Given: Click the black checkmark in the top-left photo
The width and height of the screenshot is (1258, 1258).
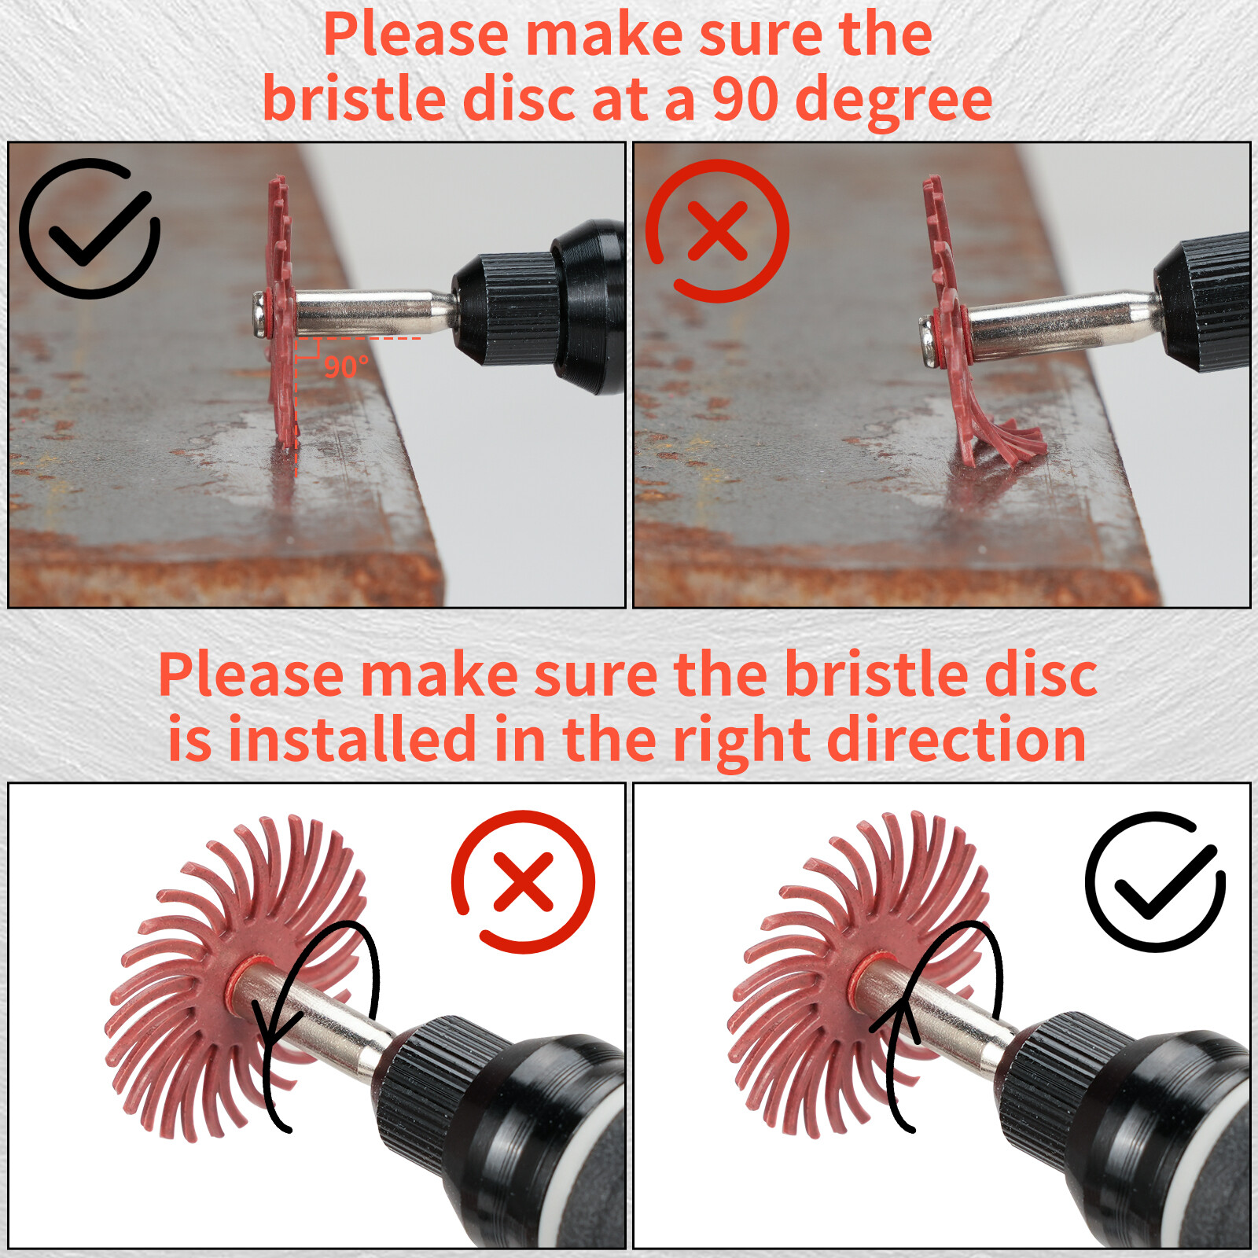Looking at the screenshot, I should (x=90, y=228).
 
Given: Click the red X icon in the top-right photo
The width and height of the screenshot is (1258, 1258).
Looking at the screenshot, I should (x=717, y=230).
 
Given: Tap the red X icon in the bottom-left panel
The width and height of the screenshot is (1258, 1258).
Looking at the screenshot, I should (x=523, y=882).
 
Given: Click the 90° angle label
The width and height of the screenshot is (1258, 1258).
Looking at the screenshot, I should (x=346, y=367).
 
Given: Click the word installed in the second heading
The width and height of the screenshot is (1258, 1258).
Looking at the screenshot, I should (x=352, y=740).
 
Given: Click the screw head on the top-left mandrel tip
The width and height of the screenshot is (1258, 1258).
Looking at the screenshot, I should (x=259, y=314).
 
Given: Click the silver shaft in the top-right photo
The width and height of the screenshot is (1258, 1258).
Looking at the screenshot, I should (x=1054, y=322).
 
